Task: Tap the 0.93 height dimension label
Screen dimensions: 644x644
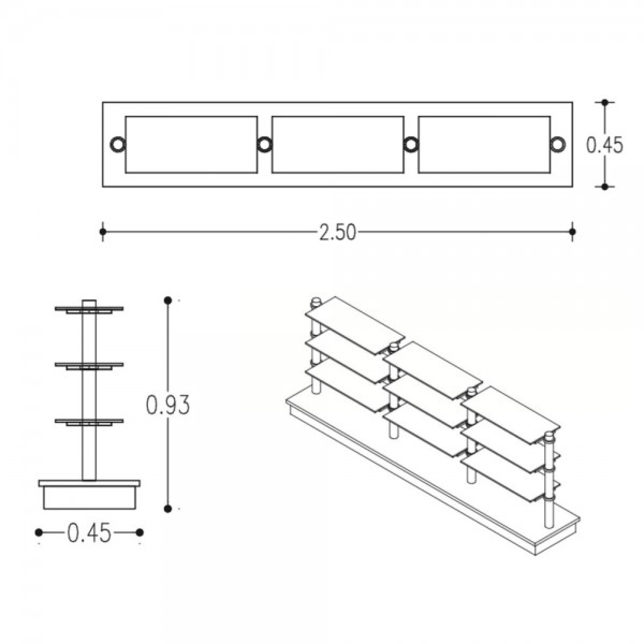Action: point(168,405)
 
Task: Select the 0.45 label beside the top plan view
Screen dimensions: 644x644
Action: point(605,145)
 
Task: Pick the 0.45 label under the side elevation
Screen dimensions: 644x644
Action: point(89,532)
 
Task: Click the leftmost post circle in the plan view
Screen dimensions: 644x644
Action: point(118,145)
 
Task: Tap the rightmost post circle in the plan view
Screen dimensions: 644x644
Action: point(558,145)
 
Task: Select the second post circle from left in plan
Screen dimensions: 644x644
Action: point(265,145)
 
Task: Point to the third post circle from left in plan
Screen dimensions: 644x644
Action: point(411,145)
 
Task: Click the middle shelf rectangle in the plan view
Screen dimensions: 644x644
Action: point(338,116)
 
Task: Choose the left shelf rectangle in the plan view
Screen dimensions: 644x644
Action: point(191,116)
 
